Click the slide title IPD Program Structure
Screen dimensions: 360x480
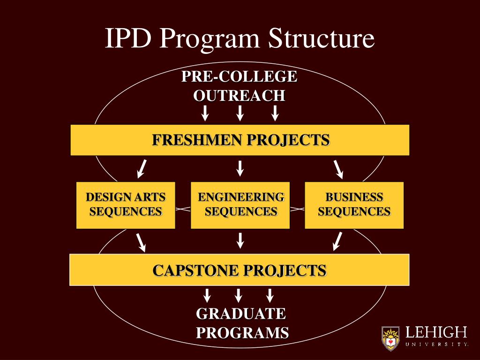pos(240,38)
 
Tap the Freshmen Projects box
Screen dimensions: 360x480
pos(240,140)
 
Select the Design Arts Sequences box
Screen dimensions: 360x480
pos(126,205)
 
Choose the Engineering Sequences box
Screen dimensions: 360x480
pos(240,205)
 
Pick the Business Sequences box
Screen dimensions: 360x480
pos(354,205)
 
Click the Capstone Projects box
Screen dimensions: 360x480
pos(240,270)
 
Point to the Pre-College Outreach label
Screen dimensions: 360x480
pos(240,86)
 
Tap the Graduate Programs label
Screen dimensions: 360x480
pos(242,323)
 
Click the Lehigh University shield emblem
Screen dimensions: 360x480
pos(390,338)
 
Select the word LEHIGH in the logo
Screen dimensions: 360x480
pos(436,333)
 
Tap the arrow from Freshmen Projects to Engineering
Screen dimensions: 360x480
pos(240,168)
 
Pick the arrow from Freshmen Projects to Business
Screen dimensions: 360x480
pos(338,169)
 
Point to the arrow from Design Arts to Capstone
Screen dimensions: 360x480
pos(141,241)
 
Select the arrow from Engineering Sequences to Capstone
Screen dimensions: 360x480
pos(240,240)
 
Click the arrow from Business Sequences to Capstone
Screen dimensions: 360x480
pos(337,241)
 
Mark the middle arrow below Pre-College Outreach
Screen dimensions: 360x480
pos(240,113)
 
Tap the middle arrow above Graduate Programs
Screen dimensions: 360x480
pos(238,295)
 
